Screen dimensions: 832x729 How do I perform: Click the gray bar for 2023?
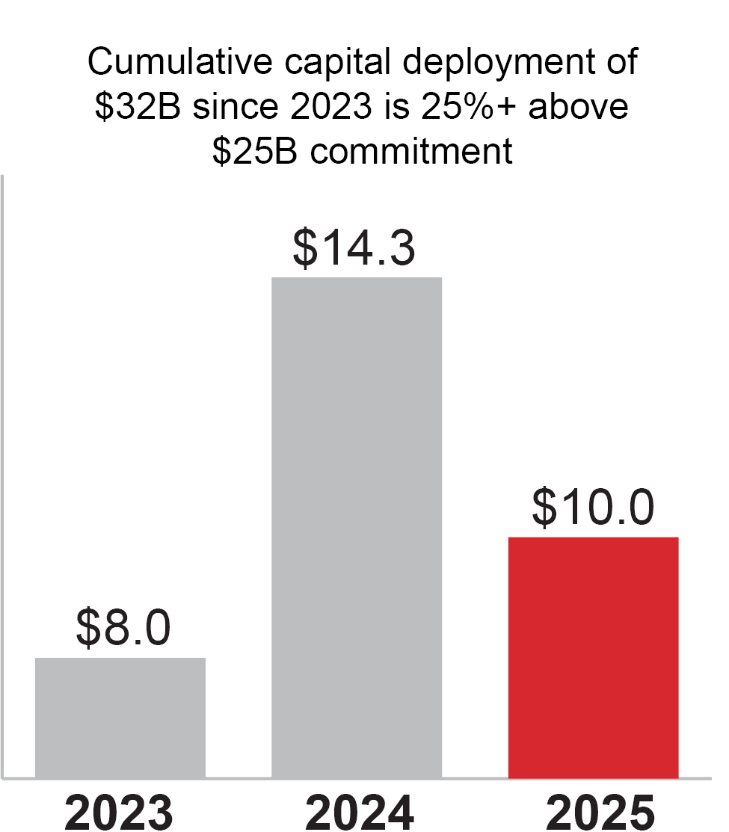120,718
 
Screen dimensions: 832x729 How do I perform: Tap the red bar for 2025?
593,658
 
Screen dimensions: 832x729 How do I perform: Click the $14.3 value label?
354,248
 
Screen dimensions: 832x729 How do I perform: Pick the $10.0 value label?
594,508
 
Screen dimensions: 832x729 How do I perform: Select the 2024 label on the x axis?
356,810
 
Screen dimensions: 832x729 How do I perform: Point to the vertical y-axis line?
3,478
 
